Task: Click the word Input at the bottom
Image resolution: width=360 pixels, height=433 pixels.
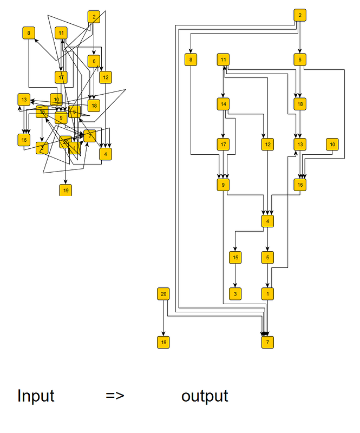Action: click(36, 396)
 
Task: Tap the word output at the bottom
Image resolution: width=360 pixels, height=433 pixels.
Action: click(205, 396)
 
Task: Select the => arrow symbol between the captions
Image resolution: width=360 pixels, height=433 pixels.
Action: click(115, 396)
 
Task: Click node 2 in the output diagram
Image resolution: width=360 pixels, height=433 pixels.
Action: click(299, 15)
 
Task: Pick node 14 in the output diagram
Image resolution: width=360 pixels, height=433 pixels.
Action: click(223, 103)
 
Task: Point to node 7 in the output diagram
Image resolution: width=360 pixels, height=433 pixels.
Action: click(267, 342)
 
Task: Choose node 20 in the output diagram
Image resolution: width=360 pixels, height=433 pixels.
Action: click(163, 294)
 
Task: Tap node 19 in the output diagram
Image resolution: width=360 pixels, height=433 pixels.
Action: click(163, 342)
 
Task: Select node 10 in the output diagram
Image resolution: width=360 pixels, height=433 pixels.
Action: click(332, 144)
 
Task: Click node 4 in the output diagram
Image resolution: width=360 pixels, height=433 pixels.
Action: click(267, 221)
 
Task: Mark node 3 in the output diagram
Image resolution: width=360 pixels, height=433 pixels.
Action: click(234, 294)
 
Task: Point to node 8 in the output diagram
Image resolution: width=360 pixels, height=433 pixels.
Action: click(191, 60)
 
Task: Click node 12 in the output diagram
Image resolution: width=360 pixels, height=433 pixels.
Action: click(267, 144)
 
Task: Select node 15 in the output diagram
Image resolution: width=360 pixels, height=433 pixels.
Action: click(234, 257)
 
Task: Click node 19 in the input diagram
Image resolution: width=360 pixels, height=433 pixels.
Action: click(66, 190)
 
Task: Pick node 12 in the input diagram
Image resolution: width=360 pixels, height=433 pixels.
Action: click(106, 77)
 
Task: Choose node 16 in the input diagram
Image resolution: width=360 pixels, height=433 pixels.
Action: click(23, 140)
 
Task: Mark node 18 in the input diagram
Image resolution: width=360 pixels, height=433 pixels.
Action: click(94, 105)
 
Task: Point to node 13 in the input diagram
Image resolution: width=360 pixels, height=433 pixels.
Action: click(24, 100)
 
